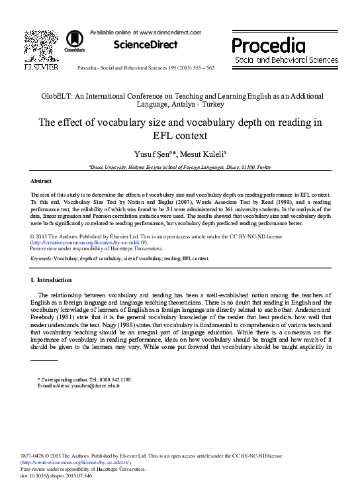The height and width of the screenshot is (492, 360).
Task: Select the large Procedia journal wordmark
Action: [x=269, y=45]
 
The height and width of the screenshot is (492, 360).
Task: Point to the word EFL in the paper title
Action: [x=156, y=136]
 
